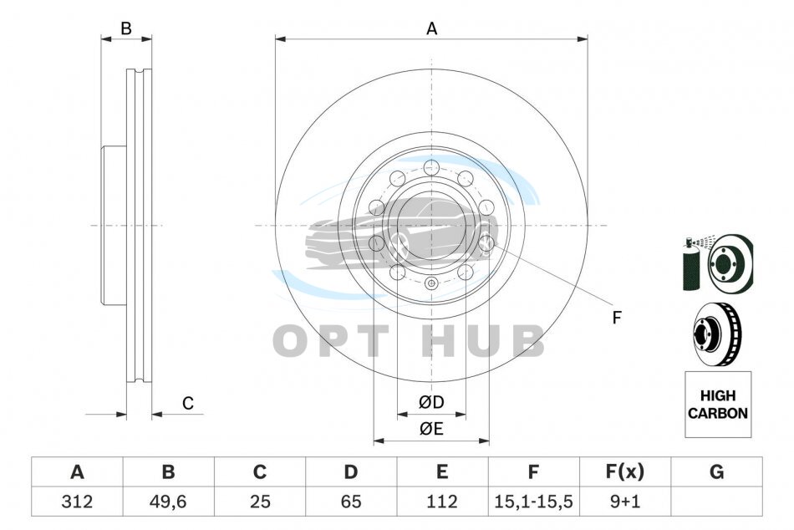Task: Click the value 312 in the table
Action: point(77,502)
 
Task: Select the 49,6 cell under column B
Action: point(168,502)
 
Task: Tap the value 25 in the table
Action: point(260,502)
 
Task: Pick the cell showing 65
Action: point(351,502)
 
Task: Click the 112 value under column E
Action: point(442,502)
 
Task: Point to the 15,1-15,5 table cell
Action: point(533,502)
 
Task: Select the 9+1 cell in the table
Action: point(625,502)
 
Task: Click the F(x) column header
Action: point(625,471)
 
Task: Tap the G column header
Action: point(716,471)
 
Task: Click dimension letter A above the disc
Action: point(431,29)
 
